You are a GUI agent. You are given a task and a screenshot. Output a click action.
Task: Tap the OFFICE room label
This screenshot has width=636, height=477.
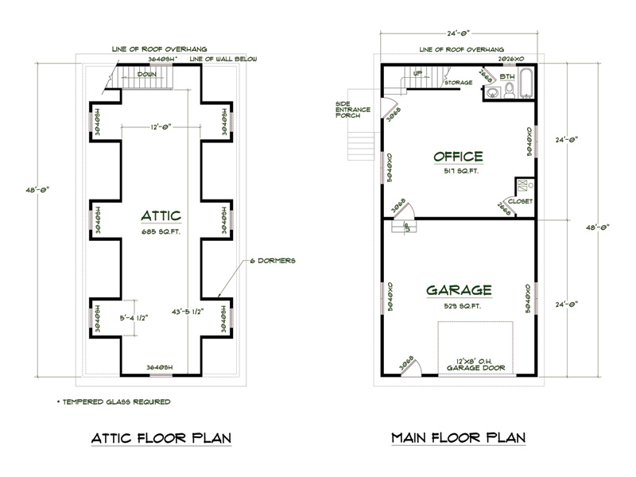pos(458,156)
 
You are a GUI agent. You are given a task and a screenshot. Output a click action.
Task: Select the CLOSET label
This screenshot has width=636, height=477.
pos(520,202)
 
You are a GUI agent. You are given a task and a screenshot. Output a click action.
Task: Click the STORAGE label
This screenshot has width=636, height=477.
pos(459,83)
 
